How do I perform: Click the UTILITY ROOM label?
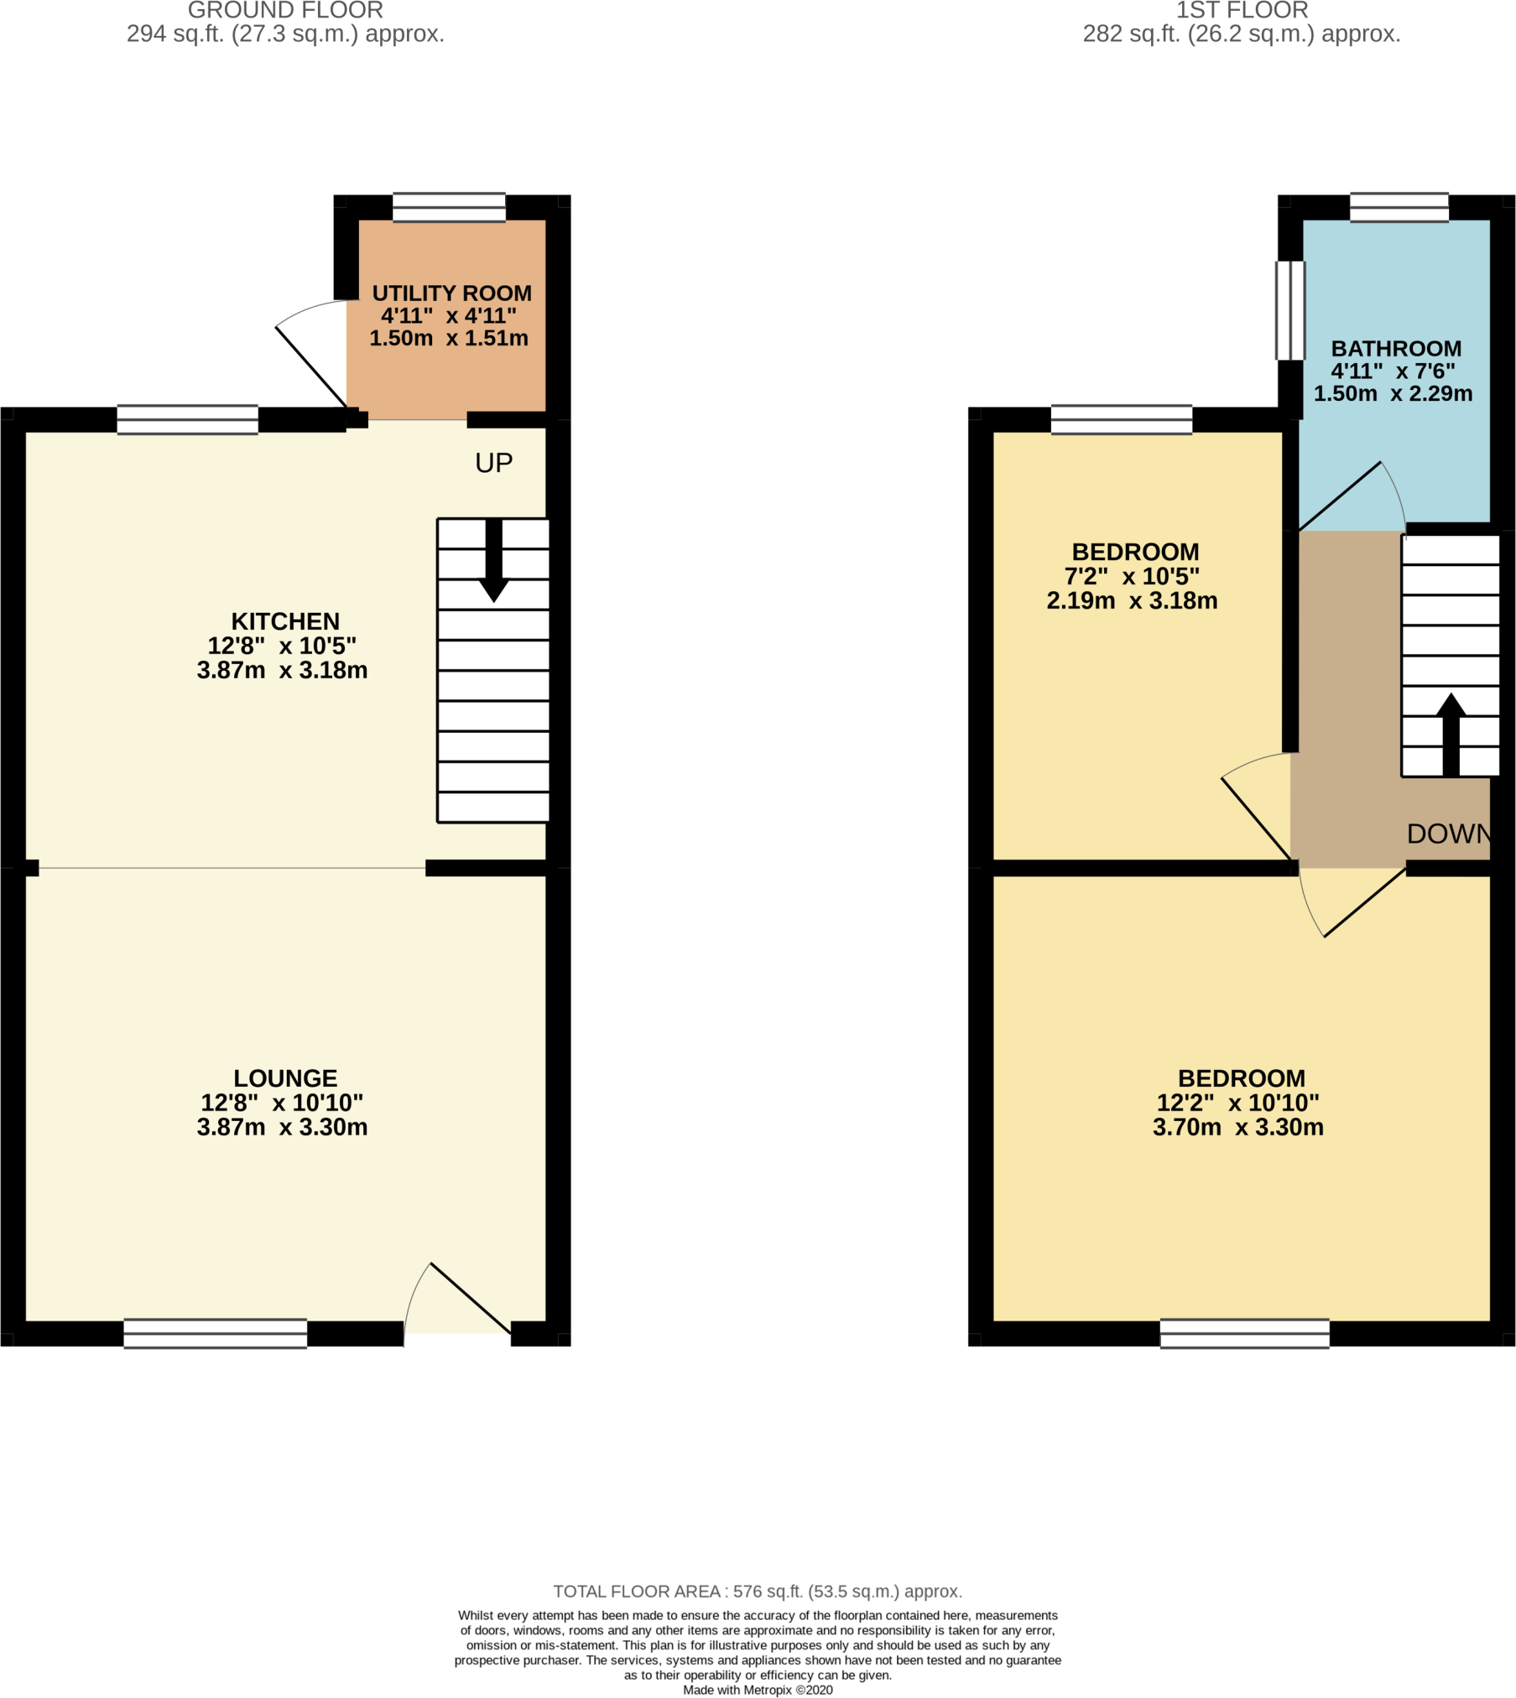coord(451,293)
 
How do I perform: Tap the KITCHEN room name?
coord(285,621)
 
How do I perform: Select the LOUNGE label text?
coord(285,1078)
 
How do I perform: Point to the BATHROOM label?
coord(1396,349)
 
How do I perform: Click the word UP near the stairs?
coord(493,463)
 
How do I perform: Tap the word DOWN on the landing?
coord(1449,833)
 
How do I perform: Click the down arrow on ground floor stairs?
coord(494,560)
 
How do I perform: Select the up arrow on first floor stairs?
coord(1451,734)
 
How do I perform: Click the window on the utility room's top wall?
coord(449,207)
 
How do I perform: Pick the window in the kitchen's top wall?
coord(187,419)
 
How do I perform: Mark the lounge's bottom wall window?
coord(215,1333)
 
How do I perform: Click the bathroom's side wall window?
coord(1290,310)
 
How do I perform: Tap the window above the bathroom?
coord(1399,207)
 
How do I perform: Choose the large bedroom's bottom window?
coord(1244,1333)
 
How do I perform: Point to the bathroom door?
coord(1352,496)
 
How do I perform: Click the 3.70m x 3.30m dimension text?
coord(1237,1127)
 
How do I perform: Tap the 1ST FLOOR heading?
coord(1242,10)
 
